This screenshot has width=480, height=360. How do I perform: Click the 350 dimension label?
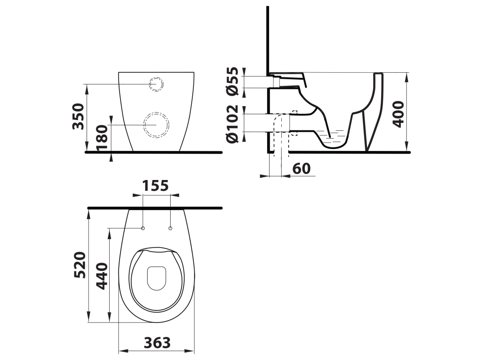tap(78, 116)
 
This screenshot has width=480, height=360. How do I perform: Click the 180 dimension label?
tap(103, 138)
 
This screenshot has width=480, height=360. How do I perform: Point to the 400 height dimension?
tap(398, 114)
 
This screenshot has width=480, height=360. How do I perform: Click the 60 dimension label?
tap(301, 169)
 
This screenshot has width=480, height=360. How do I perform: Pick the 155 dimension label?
tap(156, 186)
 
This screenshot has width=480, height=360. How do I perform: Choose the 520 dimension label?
tap(80, 265)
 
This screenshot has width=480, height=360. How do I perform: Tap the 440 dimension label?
tap(102, 276)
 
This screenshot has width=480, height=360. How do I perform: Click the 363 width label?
tap(157, 343)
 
